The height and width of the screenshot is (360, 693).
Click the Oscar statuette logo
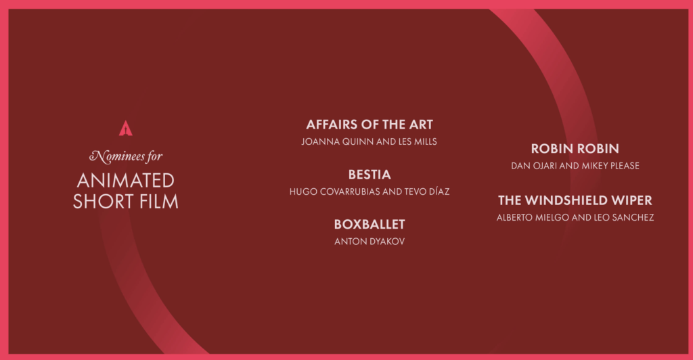coord(125,128)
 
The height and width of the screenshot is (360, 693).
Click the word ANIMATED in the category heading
coord(126,180)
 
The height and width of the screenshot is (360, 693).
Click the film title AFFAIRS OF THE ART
coord(370,125)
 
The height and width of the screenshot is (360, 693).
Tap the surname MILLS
coord(425,142)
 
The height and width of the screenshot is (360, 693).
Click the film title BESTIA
coord(370,175)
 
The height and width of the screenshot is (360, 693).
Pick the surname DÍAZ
coord(439,192)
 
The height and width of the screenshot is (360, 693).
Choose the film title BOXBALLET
coord(370,225)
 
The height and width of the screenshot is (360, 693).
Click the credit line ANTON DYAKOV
coord(370,242)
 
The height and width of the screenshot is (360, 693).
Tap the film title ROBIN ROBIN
coord(575,148)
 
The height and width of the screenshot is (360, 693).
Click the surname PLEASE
coord(625,166)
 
